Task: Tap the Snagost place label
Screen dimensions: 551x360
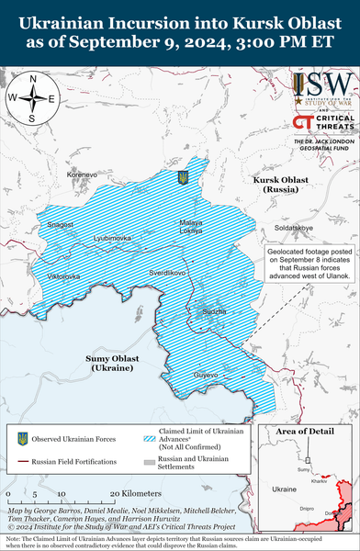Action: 61,223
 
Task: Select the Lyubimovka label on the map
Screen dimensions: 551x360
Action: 112,237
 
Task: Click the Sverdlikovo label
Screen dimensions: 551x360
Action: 168,273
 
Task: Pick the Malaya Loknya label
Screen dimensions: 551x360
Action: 190,227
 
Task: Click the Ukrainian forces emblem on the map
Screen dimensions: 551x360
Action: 182,176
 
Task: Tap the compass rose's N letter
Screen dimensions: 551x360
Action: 33,79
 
